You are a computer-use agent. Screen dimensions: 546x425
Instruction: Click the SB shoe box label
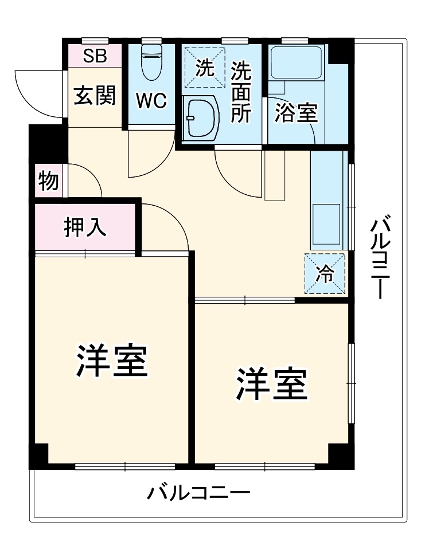point(95,56)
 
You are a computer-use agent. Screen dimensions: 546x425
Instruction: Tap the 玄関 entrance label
point(95,96)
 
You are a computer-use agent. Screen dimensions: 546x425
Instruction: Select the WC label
point(151,100)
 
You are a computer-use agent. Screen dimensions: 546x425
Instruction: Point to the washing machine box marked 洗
point(204,67)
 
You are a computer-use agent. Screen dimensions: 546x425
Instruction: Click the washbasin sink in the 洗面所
point(199,117)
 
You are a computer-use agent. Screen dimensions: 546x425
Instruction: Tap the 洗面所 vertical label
point(241,92)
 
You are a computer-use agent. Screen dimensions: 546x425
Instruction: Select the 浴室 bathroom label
point(296,112)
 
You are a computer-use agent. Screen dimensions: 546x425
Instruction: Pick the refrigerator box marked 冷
point(325,274)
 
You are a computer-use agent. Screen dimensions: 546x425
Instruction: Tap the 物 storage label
point(48,181)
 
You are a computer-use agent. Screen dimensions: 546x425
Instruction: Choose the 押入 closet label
point(85,227)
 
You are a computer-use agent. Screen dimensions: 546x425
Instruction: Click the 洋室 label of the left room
point(112,360)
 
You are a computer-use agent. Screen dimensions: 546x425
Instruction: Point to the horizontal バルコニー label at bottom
point(198,492)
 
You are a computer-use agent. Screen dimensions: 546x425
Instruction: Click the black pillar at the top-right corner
point(340,50)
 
